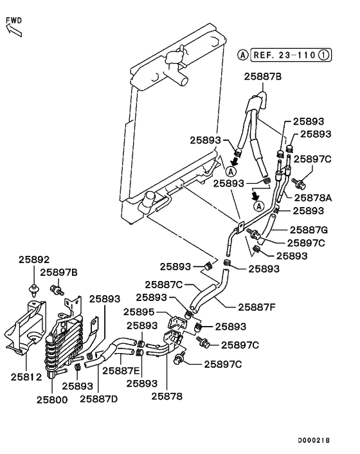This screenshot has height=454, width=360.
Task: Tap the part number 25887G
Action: click(x=309, y=230)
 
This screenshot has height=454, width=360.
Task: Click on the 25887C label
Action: click(x=164, y=284)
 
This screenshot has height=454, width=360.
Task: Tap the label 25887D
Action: click(x=99, y=399)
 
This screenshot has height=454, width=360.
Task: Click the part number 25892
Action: click(x=33, y=260)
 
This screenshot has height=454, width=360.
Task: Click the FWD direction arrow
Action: click(x=12, y=30)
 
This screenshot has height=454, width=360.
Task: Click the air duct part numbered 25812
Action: click(x=22, y=328)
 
